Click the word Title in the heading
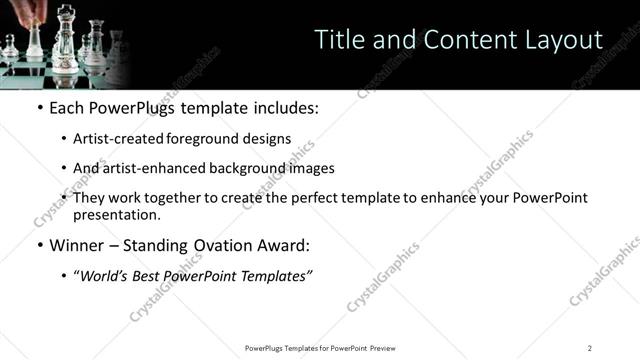tap(338, 40)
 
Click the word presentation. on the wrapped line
tap(116, 214)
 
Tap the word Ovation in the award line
tap(225, 245)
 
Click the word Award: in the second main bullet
tap(284, 245)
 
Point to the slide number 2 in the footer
tap(590, 347)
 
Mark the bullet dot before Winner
tap(39, 245)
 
